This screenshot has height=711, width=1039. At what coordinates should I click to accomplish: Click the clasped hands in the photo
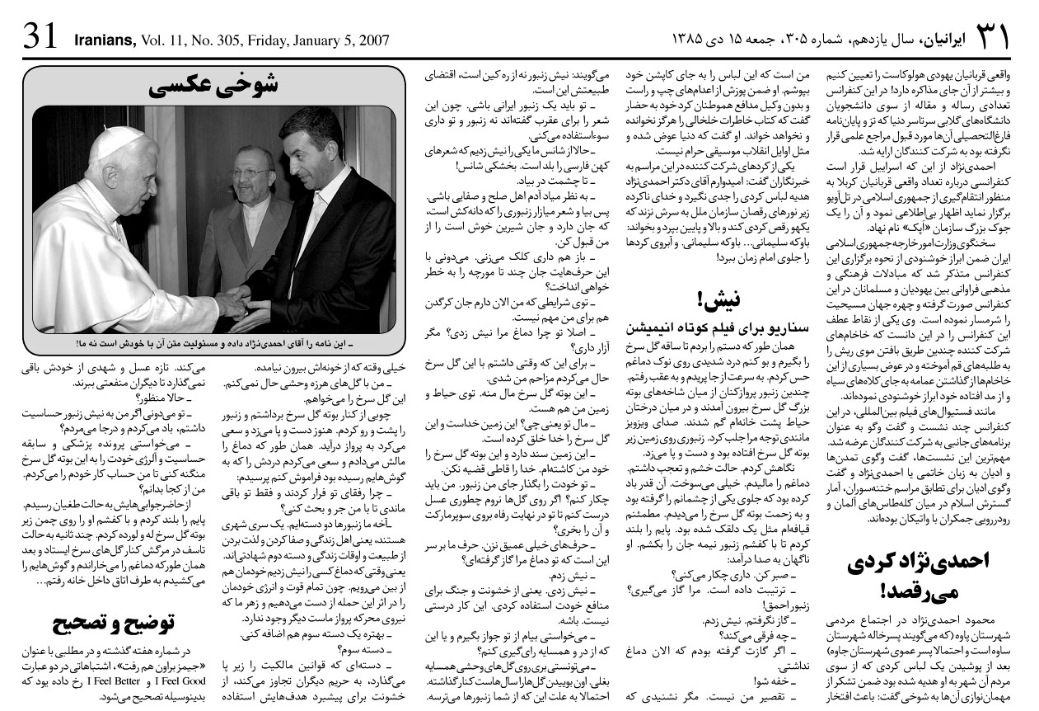pos(234,298)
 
